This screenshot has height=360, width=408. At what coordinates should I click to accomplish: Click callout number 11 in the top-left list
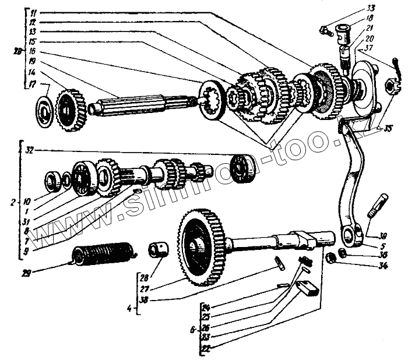pyautogui.click(x=33, y=12)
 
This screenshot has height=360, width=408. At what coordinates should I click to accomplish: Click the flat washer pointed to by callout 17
pyautogui.click(x=44, y=110)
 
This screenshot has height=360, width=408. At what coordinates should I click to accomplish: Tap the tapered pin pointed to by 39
pyautogui.click(x=377, y=206)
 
